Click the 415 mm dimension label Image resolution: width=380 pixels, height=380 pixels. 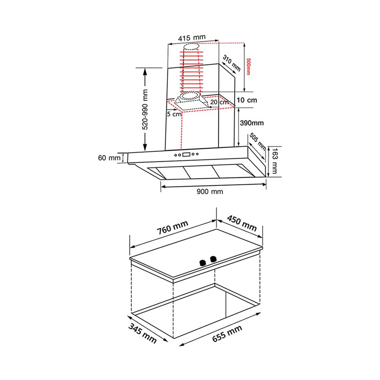coord(192,38)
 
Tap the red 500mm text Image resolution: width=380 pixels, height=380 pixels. coord(248,66)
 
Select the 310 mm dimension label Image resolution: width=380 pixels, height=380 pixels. coord(232,63)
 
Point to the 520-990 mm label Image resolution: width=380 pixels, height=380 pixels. coord(145,109)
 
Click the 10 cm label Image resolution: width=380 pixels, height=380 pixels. coord(247,100)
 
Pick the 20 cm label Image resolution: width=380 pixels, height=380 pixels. coord(219,102)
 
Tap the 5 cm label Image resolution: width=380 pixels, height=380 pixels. coord(174,114)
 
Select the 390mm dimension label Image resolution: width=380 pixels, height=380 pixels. coord(252,123)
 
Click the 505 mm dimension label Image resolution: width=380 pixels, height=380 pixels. coord(258,141)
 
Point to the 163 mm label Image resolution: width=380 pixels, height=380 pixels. coord(274,161)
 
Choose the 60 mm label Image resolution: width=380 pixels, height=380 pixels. coord(109,158)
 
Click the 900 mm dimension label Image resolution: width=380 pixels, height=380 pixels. coord(210,192)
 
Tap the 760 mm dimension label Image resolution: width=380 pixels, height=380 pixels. coord(173,228)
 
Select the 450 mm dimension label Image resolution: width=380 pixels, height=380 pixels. coord(242,223)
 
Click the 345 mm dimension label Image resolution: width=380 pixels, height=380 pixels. coord(142,334)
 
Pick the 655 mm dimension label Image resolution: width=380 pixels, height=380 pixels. coord(227,334)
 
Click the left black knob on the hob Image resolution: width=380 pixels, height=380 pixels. coord(203,263)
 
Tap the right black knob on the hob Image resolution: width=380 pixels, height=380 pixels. coord(213,259)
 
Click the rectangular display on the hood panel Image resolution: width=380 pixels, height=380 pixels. coord(186,154)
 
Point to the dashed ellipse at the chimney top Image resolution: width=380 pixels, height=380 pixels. coord(191,47)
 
